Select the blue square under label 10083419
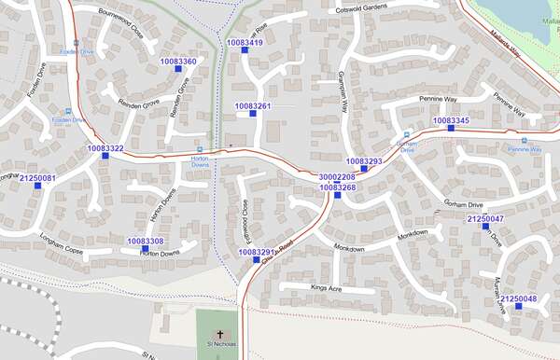[245, 51]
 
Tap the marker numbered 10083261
[253, 114]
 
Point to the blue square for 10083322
[105, 157]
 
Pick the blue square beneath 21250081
[38, 186]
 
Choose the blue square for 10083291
[257, 259]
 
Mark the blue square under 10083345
[451, 129]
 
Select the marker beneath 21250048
[519, 306]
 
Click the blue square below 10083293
[364, 170]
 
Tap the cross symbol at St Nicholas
[221, 333]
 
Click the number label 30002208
[337, 177]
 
